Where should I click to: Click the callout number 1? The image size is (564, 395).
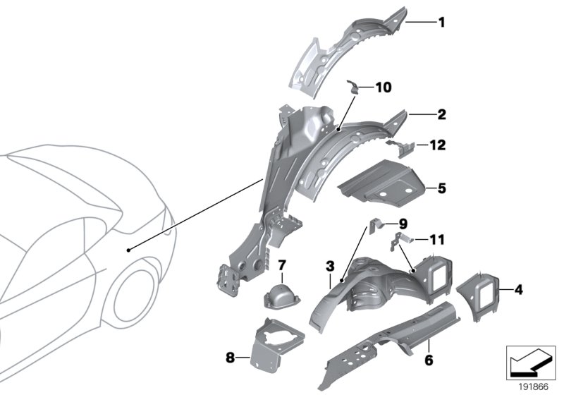pyautogui.click(x=441, y=22)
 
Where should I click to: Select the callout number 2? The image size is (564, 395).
pyautogui.click(x=441, y=114)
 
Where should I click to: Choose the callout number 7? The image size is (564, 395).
pyautogui.click(x=281, y=265)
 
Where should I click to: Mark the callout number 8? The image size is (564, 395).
pyautogui.click(x=230, y=358)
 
